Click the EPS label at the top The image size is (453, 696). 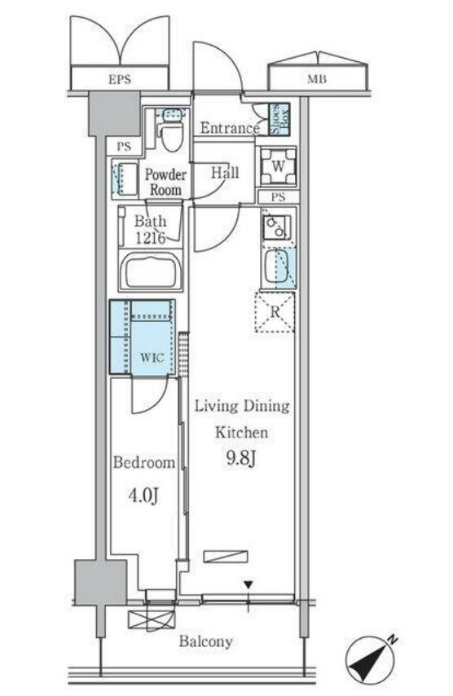click(120, 79)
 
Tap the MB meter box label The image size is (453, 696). click(317, 79)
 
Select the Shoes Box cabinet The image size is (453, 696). click(279, 119)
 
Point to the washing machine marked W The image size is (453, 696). click(278, 166)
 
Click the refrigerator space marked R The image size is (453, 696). click(275, 311)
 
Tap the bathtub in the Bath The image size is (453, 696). click(151, 271)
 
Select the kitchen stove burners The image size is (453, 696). click(276, 227)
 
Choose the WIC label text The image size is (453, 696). click(152, 357)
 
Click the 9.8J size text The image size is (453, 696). click(241, 459)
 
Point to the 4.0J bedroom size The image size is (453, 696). click(143, 496)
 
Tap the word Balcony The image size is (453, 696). click(205, 641)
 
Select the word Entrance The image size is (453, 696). click(230, 128)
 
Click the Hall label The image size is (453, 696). click(225, 173)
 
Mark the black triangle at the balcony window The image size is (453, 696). click(248, 585)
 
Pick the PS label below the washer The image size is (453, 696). click(278, 197)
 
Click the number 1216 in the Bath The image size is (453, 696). click(151, 238)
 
